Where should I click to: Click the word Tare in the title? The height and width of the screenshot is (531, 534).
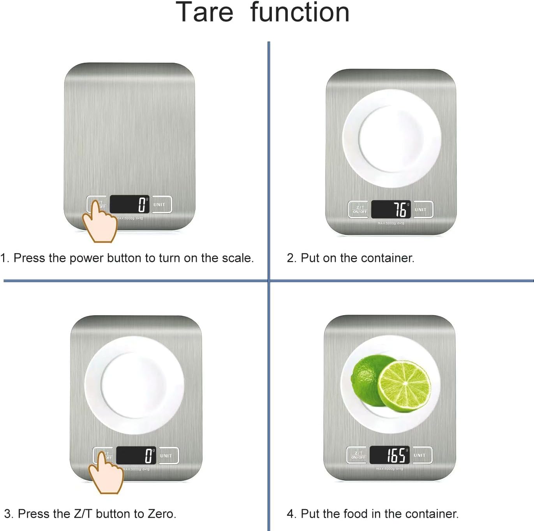point(204,12)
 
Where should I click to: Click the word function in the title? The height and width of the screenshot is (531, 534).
point(300,12)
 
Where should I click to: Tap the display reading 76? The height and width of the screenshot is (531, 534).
point(391,210)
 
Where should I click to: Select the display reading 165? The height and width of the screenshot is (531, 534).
point(389,455)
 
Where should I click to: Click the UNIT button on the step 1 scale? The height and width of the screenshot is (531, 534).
point(161,205)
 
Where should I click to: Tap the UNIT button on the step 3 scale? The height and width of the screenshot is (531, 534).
point(168,455)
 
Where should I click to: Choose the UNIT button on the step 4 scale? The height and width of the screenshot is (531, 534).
point(422,455)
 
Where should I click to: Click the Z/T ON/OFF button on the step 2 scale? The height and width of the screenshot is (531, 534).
point(358,210)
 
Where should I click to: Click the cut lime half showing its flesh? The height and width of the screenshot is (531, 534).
point(405,386)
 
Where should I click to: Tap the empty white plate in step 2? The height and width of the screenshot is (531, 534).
point(391,138)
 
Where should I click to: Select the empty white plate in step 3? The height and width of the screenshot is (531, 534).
point(134,385)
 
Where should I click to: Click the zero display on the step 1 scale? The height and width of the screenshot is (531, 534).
point(129,205)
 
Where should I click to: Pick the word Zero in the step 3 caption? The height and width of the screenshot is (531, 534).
point(160,514)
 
